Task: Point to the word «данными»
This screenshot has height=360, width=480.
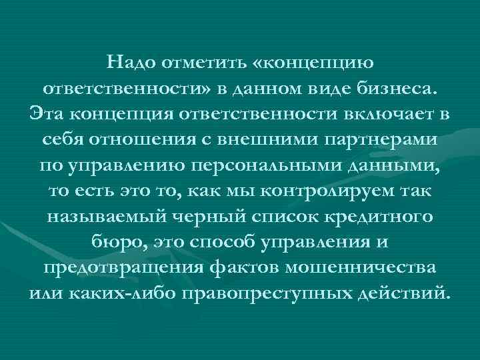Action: coord(401,166)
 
